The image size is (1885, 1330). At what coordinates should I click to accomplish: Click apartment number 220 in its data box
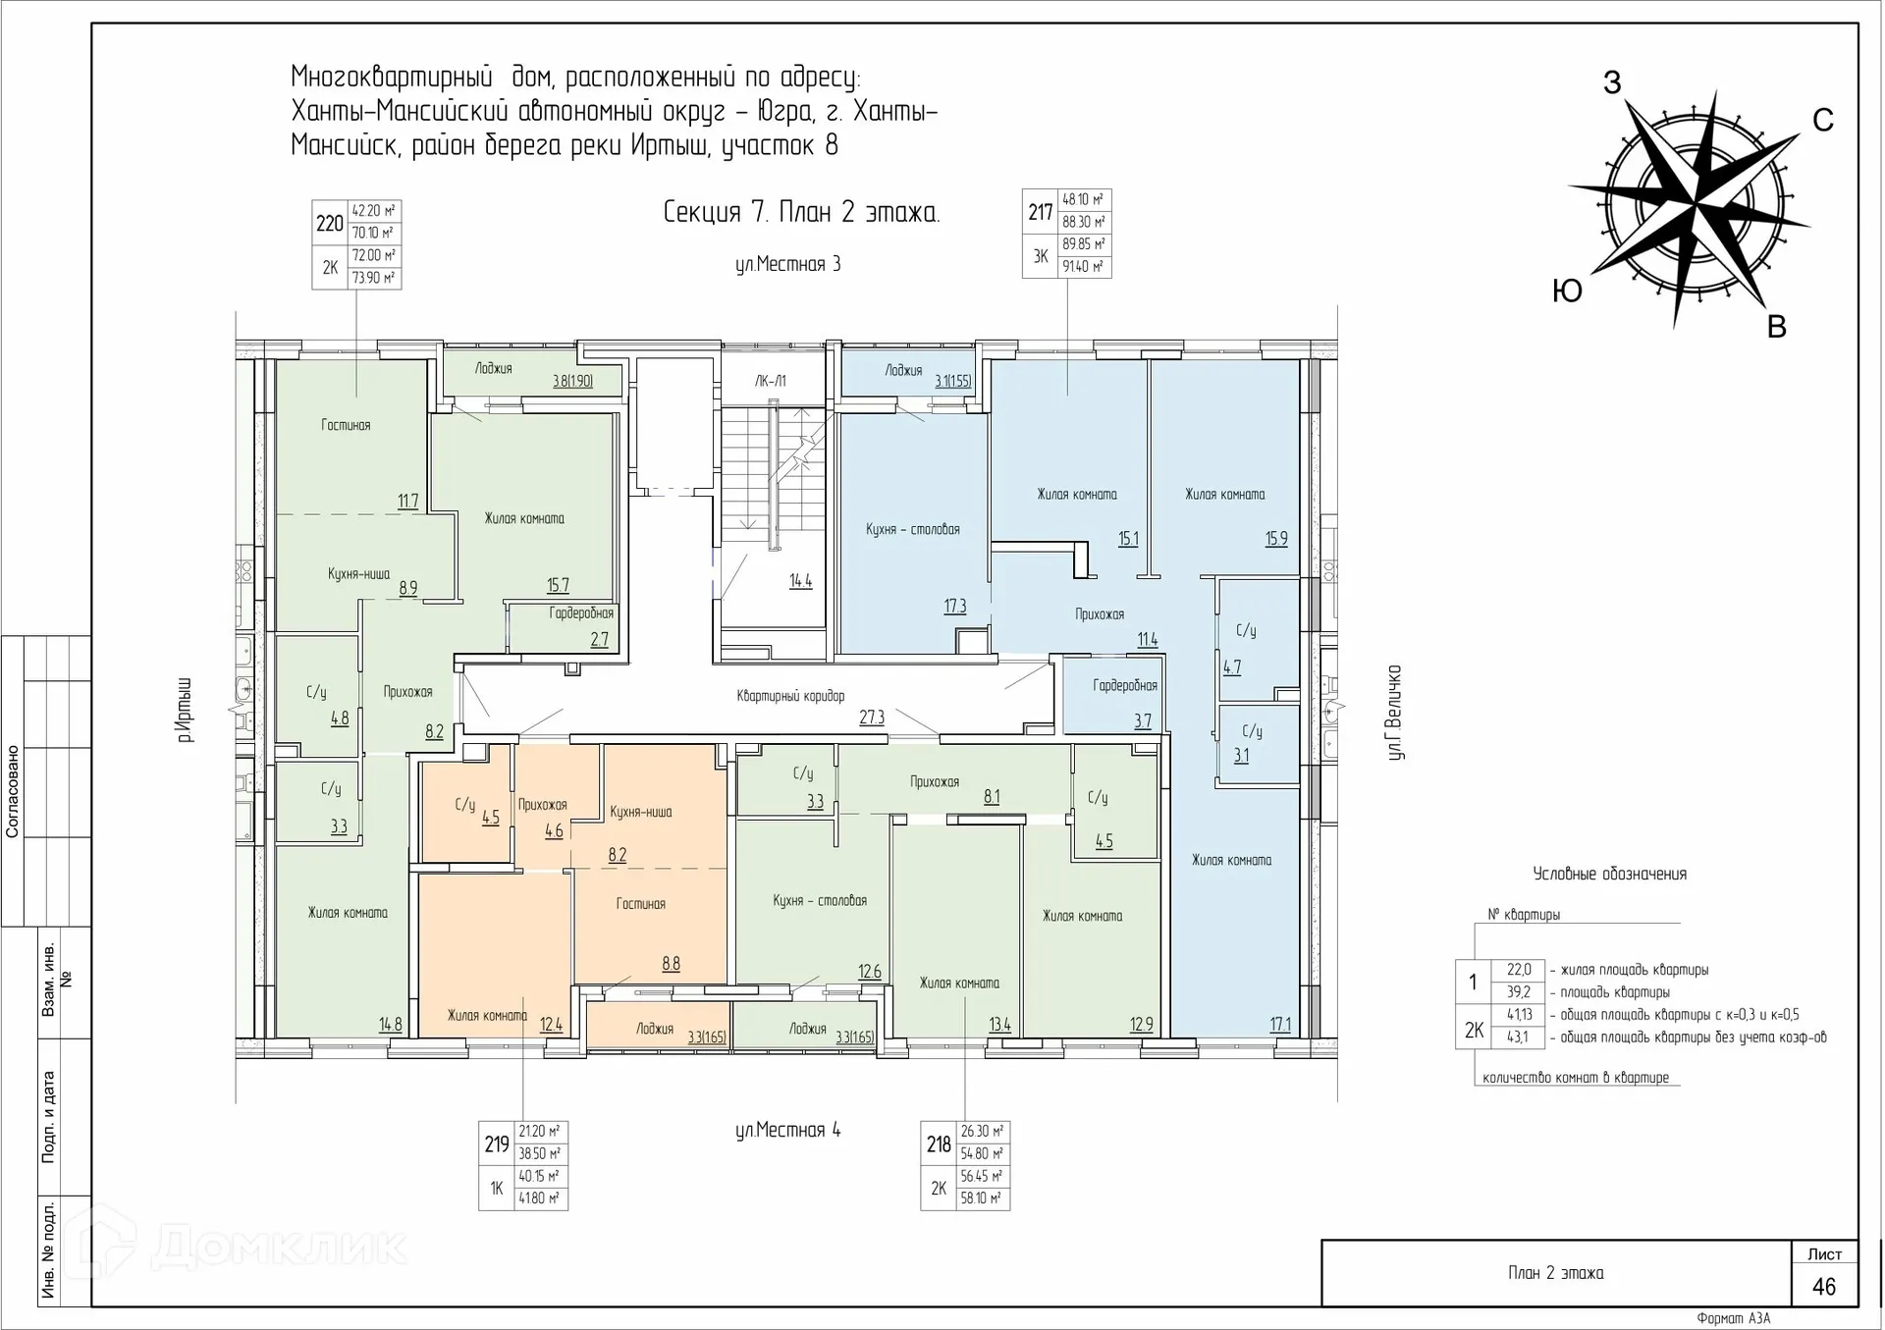point(329,223)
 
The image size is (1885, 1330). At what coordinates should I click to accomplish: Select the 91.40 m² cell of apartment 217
point(1083,267)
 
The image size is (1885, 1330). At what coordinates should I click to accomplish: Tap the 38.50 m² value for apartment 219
point(539,1154)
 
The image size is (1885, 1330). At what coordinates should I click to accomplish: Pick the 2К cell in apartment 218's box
point(938,1189)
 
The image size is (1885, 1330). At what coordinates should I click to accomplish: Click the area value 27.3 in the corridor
point(871,718)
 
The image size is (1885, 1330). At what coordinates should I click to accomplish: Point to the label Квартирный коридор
point(790,697)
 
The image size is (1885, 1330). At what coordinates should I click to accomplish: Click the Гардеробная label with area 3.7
point(1124,686)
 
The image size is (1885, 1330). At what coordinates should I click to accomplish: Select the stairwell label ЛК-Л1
point(771,381)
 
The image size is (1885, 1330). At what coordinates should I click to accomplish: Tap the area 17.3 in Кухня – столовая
point(954,607)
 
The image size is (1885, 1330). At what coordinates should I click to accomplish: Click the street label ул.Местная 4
point(787,1131)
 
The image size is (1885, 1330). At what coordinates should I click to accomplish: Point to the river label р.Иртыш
point(184,710)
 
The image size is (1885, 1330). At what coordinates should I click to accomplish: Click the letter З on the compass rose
point(1611,83)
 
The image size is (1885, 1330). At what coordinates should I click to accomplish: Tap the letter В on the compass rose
point(1776,328)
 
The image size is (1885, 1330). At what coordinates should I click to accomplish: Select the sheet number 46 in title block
point(1823,1287)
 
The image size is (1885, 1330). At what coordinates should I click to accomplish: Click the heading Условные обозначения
point(1609,875)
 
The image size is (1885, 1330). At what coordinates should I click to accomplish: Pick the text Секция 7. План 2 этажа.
point(801,212)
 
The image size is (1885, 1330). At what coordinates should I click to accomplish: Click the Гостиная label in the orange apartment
point(640,904)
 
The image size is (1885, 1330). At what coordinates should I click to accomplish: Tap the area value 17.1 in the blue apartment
point(1279,1025)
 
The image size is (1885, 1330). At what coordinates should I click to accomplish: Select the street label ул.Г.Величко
point(1395,712)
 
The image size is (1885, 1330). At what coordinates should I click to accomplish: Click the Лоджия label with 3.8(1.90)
point(494,369)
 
